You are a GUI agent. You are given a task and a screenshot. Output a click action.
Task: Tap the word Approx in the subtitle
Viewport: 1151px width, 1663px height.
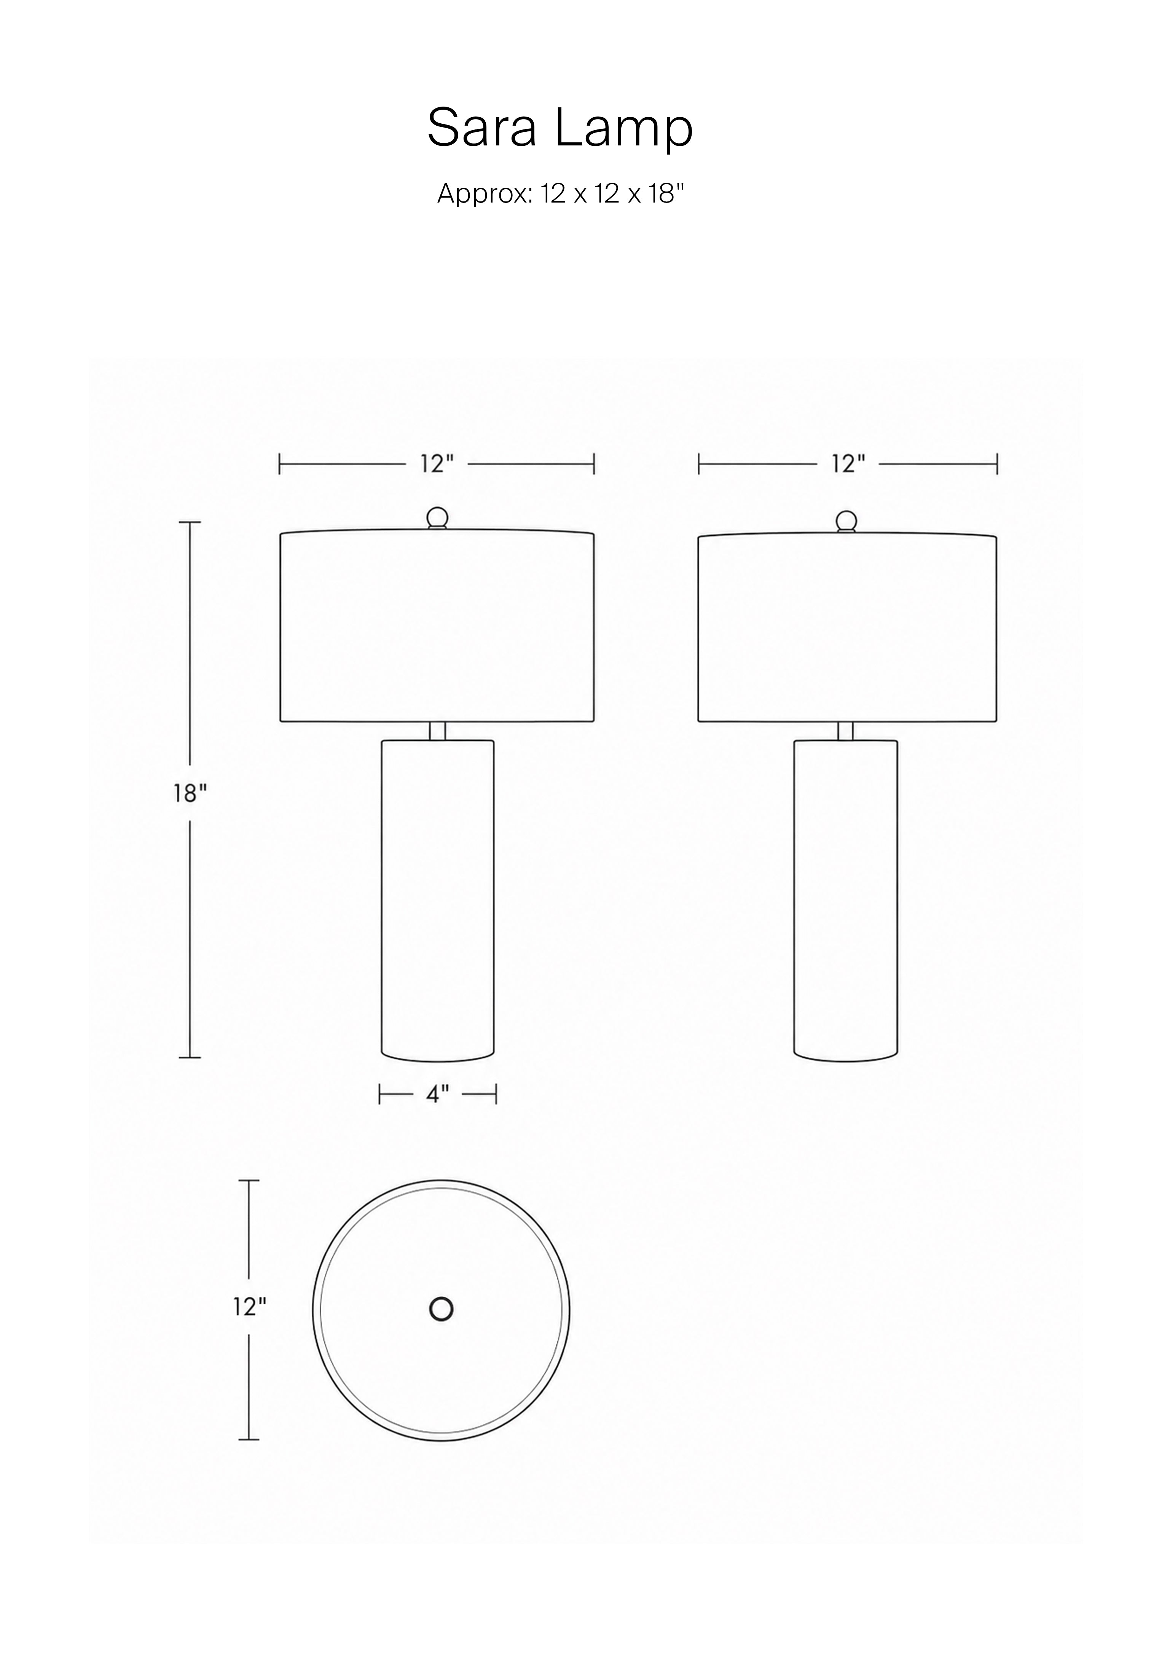tap(485, 195)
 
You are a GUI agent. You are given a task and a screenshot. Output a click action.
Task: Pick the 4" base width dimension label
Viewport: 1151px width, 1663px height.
tap(437, 1095)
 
